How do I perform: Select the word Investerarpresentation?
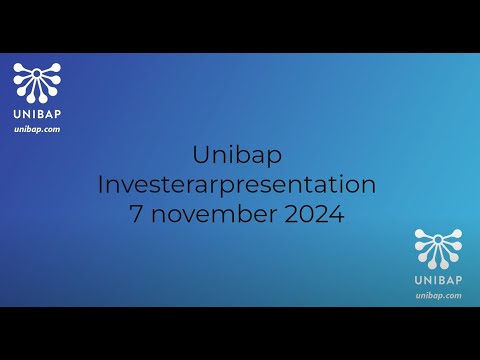click(x=237, y=185)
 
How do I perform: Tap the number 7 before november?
click(x=137, y=214)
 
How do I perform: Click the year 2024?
click(x=313, y=214)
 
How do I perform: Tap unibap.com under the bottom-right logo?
click(x=439, y=295)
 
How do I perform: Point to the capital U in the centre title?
click(x=200, y=155)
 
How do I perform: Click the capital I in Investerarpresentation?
click(x=101, y=185)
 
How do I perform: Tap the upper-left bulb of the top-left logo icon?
click(x=19, y=70)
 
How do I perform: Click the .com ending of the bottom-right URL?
click(x=452, y=295)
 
